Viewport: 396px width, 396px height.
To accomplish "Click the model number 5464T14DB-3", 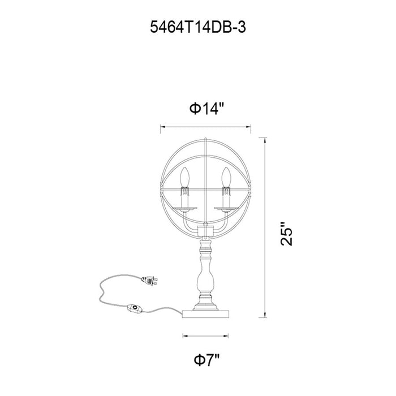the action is (x=198, y=27).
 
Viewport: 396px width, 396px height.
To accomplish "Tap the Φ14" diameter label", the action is (x=207, y=109).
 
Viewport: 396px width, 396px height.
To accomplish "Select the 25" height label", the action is (x=286, y=234).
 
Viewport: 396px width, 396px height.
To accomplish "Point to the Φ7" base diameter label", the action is (x=207, y=360).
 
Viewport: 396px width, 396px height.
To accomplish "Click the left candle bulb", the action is (x=184, y=177).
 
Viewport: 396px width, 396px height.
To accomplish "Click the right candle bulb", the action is (x=226, y=177).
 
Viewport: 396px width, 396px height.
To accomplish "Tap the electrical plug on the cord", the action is (x=149, y=281).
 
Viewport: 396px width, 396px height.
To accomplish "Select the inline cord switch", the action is (x=135, y=309).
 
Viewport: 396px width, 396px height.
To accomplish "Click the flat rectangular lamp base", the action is (x=205, y=314).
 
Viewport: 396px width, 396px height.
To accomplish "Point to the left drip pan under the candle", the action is (x=184, y=208).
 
